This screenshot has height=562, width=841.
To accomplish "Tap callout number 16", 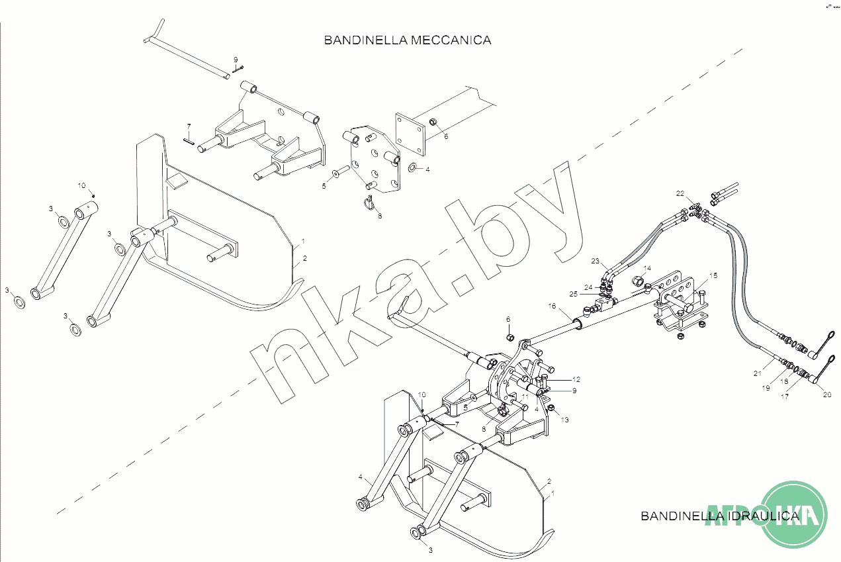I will pos(551,306).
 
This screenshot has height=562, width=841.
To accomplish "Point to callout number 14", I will pos(647,268).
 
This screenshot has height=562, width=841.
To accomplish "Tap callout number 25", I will pos(572,293).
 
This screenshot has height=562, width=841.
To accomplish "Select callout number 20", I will pos(826,395).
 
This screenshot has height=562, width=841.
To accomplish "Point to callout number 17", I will pos(785,397).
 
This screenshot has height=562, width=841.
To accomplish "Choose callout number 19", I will pos(766,389).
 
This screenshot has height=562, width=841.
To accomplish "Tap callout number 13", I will pos(564,420).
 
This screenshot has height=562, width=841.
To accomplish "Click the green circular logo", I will pos(795,514).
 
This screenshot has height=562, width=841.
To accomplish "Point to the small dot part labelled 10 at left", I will pos(94,195).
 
